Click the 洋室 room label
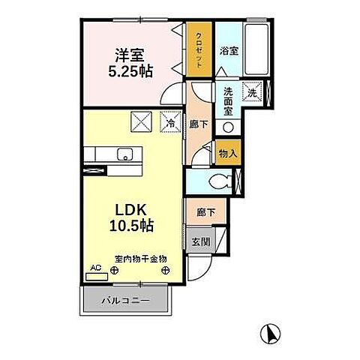point(128,55)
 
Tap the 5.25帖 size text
point(130,73)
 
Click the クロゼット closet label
point(199,49)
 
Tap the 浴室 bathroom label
point(229,52)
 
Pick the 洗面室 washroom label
point(228,100)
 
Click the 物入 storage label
point(228,153)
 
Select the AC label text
point(95,268)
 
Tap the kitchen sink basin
point(124,155)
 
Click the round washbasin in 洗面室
point(228,124)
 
